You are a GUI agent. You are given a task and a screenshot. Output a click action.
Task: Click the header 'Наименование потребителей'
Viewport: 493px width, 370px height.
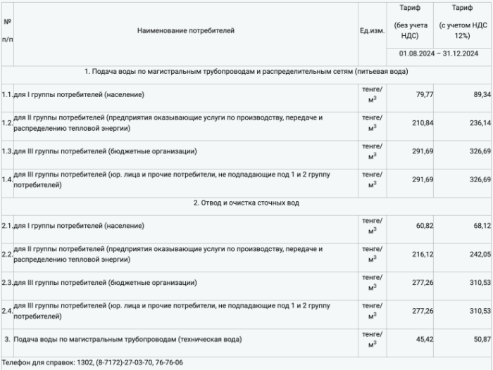186,31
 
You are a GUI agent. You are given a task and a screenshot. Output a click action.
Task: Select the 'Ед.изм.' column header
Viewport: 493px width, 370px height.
372,31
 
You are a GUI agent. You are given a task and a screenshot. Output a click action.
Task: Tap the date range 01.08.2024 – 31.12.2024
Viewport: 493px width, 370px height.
438,53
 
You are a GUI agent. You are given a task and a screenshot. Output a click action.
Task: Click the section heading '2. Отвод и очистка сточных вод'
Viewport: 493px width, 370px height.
246,203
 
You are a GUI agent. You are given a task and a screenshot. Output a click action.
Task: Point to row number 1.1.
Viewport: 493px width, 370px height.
7,94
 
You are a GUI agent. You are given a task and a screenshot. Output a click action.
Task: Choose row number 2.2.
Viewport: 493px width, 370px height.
7,254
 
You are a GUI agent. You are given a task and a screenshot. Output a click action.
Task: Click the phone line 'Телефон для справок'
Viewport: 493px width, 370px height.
92,362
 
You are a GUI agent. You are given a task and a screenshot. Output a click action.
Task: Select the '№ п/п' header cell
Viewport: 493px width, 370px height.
7,31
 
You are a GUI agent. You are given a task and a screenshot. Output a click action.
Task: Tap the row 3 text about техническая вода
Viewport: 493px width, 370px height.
127,339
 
